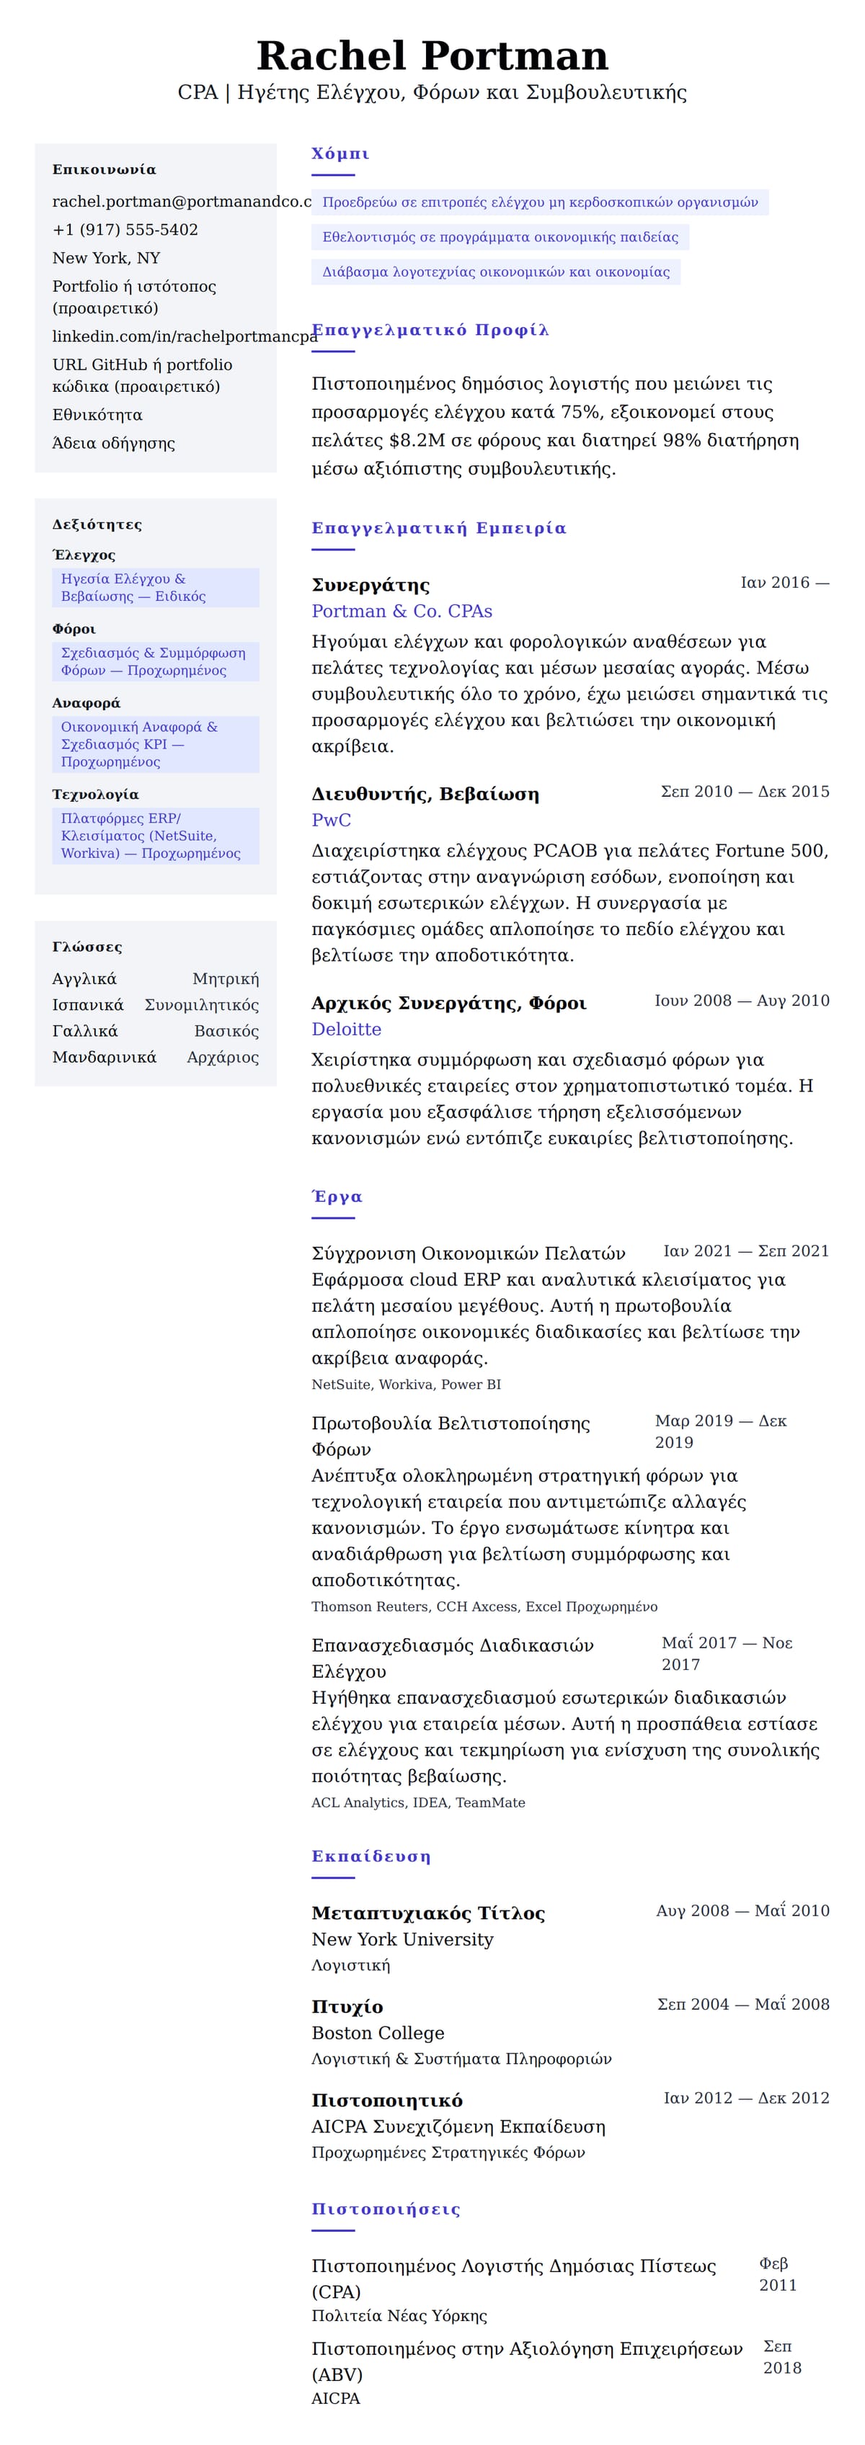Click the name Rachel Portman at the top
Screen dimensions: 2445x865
tap(432, 56)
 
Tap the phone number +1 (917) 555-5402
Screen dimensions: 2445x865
tap(125, 230)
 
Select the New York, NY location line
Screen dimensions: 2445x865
tap(107, 258)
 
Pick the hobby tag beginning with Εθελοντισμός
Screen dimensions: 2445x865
tap(500, 237)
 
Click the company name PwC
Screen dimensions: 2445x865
tap(332, 820)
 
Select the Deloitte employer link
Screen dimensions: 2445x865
tap(347, 1029)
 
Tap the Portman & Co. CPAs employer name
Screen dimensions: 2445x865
tap(402, 611)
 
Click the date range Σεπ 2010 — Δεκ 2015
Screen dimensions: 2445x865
tap(745, 792)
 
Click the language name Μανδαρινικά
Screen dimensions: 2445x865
tap(105, 1058)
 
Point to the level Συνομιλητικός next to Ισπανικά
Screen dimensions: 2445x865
tap(201, 1005)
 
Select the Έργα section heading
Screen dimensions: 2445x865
tap(337, 1197)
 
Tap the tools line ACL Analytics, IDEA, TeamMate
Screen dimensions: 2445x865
tap(418, 1802)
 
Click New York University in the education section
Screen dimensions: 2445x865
tap(403, 1939)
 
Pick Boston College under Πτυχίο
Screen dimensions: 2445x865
tap(378, 2032)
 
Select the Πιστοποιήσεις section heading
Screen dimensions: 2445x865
tap(386, 2209)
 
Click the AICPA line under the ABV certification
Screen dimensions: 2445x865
tap(336, 2398)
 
